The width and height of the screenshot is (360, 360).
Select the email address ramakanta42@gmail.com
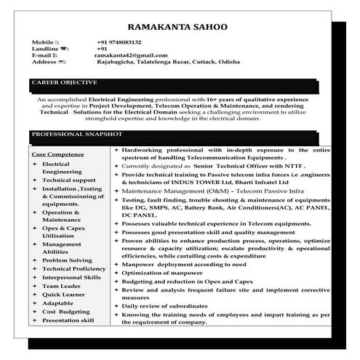click(131, 55)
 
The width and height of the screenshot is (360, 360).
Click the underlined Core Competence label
click(57, 155)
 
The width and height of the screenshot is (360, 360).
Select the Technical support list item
click(68, 180)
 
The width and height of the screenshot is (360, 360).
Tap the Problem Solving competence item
click(67, 260)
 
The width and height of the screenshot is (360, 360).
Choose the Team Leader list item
click(60, 286)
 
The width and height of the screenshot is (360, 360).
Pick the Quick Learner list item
click(64, 295)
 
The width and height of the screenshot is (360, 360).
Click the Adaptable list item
click(58, 303)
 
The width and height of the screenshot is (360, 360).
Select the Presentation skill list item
click(68, 320)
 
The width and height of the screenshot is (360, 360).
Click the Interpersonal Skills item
click(71, 277)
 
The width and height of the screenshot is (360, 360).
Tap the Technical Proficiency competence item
click(73, 268)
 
